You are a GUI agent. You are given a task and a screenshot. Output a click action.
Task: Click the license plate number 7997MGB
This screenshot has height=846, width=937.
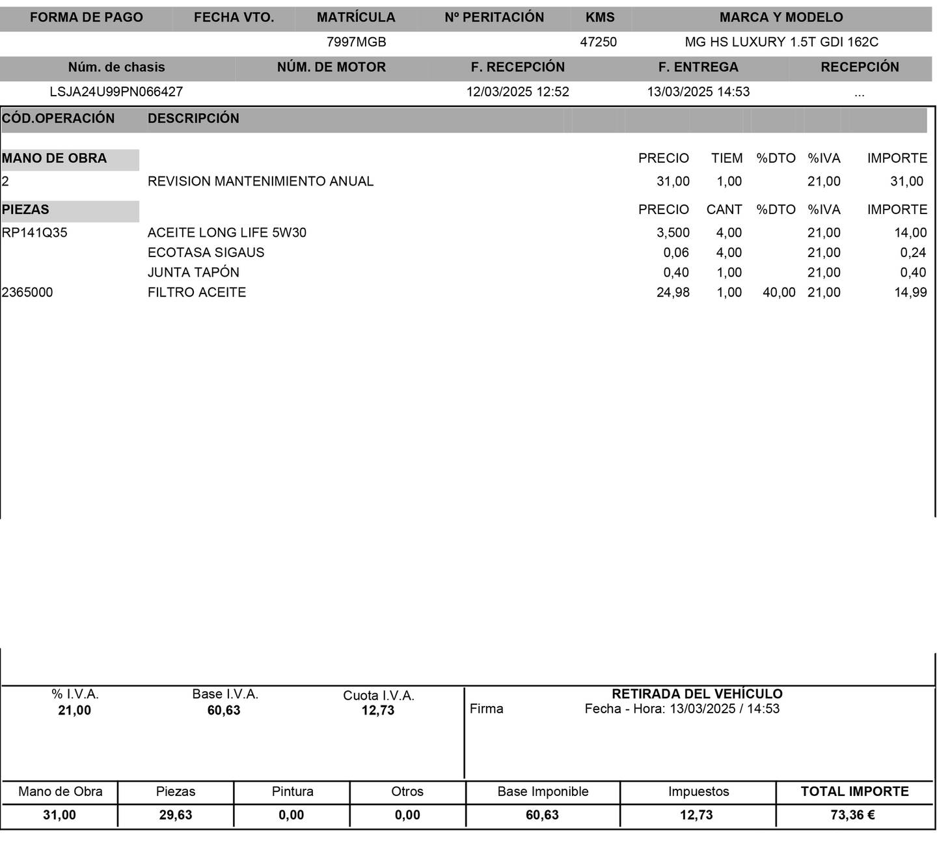point(356,42)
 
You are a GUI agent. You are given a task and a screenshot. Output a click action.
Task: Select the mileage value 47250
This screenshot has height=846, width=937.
point(598,42)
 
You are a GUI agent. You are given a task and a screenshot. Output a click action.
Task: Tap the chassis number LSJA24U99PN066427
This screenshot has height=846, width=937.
point(116,92)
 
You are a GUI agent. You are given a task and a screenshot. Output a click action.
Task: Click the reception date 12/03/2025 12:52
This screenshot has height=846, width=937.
point(517,92)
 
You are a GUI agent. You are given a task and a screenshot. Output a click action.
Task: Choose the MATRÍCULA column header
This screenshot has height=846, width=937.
point(356,18)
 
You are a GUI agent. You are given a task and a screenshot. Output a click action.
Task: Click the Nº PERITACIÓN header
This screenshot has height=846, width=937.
point(494,18)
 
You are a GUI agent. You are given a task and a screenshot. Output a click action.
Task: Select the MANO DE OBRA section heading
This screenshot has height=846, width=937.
point(55,158)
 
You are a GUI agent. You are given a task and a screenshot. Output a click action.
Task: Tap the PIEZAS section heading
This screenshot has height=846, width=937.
point(26,210)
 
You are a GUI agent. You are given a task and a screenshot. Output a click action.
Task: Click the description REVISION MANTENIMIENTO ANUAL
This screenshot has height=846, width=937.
point(260,182)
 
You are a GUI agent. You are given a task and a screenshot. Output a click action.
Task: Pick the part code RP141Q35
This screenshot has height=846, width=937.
point(34,233)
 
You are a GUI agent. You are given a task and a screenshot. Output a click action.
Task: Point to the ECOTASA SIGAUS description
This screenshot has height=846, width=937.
point(206,252)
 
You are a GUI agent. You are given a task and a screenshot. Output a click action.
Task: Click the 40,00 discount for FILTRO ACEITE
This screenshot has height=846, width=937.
point(779,292)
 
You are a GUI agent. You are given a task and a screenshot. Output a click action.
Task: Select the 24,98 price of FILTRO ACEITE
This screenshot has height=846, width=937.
point(673,292)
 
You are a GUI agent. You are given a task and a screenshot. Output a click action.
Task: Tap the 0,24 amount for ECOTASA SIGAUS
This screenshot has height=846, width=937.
point(913,252)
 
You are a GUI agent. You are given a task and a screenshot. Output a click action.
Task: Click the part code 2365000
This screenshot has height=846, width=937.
point(27,292)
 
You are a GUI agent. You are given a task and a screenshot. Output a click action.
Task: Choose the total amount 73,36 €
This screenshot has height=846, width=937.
point(852,815)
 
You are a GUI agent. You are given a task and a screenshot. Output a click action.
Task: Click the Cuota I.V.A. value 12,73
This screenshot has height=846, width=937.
point(378,711)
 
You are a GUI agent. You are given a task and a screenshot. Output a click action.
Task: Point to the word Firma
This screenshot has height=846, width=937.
point(486,709)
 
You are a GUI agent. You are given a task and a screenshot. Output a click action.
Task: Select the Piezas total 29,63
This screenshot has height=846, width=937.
point(176,815)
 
